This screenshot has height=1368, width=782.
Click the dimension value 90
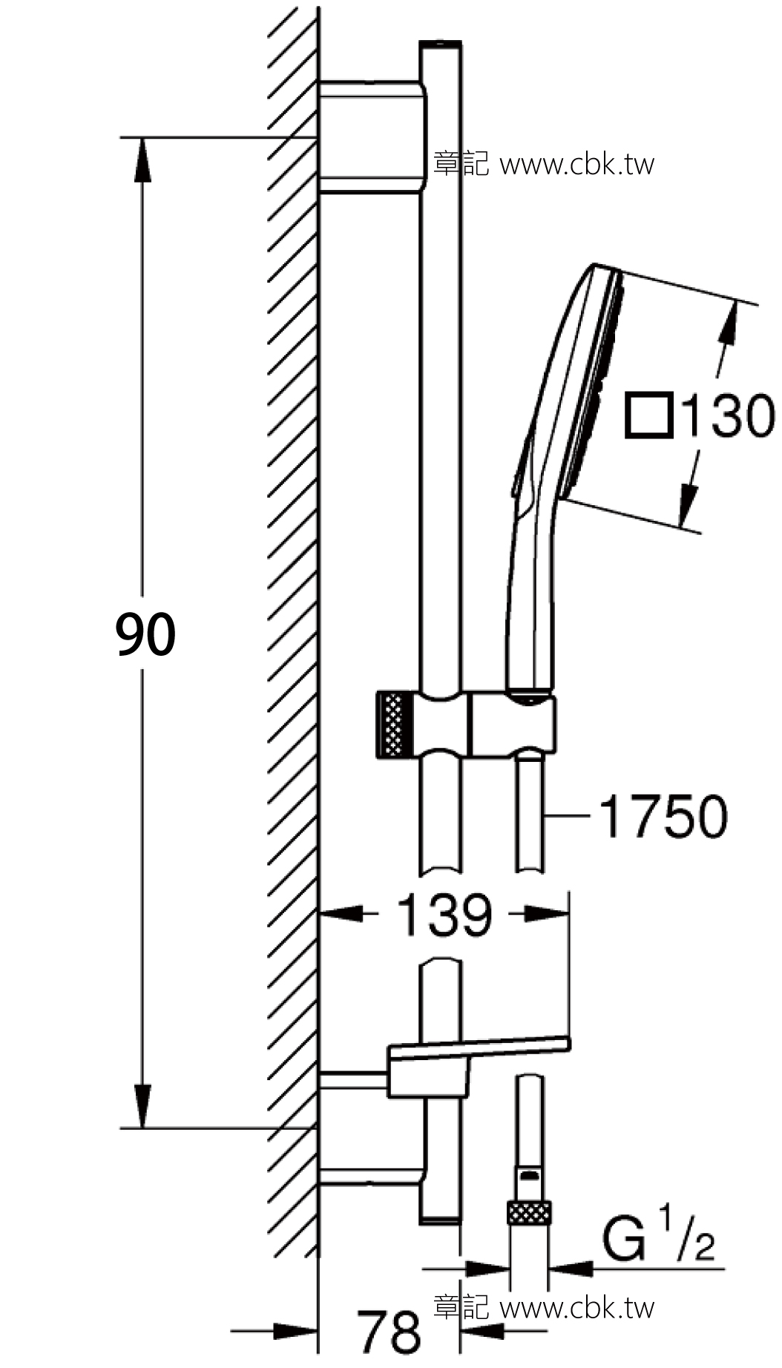coord(145,634)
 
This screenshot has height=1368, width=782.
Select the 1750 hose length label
coord(663,817)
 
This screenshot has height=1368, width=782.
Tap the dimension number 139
coord(444,914)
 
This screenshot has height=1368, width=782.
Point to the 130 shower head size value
coord(727,415)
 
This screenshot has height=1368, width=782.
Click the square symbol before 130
coord(648,415)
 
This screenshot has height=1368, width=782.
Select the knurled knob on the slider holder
coord(394,724)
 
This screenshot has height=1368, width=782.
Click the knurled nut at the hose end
coord(530,1214)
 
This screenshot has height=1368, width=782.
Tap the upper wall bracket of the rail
coord(371,138)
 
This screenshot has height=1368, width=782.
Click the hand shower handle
coord(530,608)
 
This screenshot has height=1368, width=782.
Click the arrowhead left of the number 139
coord(341,914)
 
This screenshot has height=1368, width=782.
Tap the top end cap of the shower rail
coord(441,46)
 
